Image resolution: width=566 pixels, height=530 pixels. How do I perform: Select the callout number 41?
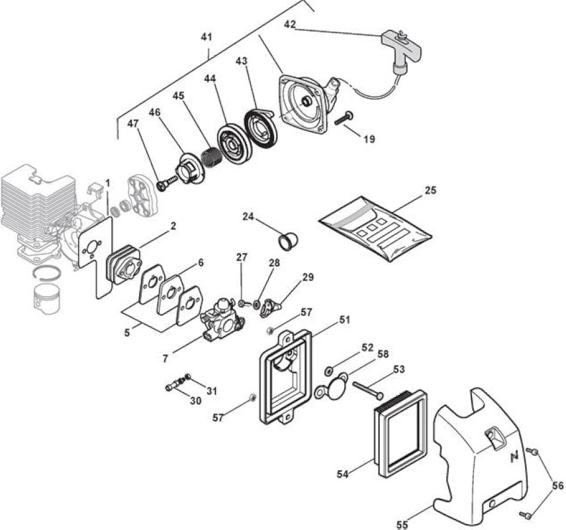(x=207, y=36)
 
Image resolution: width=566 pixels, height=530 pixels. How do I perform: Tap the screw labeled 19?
(x=344, y=118)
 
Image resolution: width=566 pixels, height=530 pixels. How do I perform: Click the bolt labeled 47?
(x=166, y=182)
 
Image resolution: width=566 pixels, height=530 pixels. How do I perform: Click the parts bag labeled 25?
(x=375, y=230)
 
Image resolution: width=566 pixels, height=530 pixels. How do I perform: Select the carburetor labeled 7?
(x=222, y=321)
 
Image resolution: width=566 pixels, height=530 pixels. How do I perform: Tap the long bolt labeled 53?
(x=368, y=390)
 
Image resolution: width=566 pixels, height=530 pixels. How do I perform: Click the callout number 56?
(x=557, y=486)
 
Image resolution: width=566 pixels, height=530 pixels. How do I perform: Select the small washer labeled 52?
(x=329, y=370)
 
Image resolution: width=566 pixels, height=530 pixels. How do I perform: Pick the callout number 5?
(x=126, y=333)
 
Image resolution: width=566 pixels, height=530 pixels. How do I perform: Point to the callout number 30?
(x=196, y=401)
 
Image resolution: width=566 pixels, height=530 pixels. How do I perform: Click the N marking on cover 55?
(x=514, y=457)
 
